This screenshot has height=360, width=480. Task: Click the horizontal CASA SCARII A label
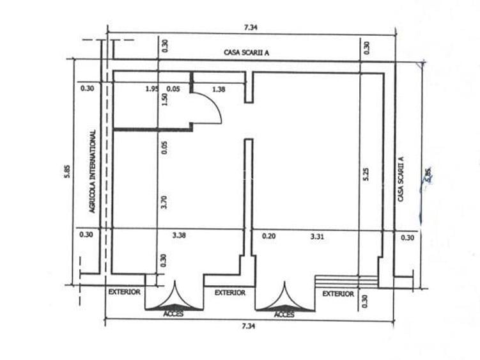246,52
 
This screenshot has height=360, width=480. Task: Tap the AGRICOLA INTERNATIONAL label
93,171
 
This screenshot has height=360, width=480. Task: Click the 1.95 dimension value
151,89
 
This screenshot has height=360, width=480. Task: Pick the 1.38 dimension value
219,89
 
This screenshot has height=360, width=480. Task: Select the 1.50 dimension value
164,101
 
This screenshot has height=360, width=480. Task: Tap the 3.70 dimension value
164,203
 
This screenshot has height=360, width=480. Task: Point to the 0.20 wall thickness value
268,237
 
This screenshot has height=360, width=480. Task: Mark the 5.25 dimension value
366,175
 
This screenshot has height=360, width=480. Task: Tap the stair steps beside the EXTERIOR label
345,282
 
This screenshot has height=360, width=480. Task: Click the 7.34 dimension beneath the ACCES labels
249,326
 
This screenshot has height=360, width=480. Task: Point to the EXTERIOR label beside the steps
338,293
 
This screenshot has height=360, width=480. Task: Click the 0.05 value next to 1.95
173,89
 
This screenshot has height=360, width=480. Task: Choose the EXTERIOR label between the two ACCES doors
230,293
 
